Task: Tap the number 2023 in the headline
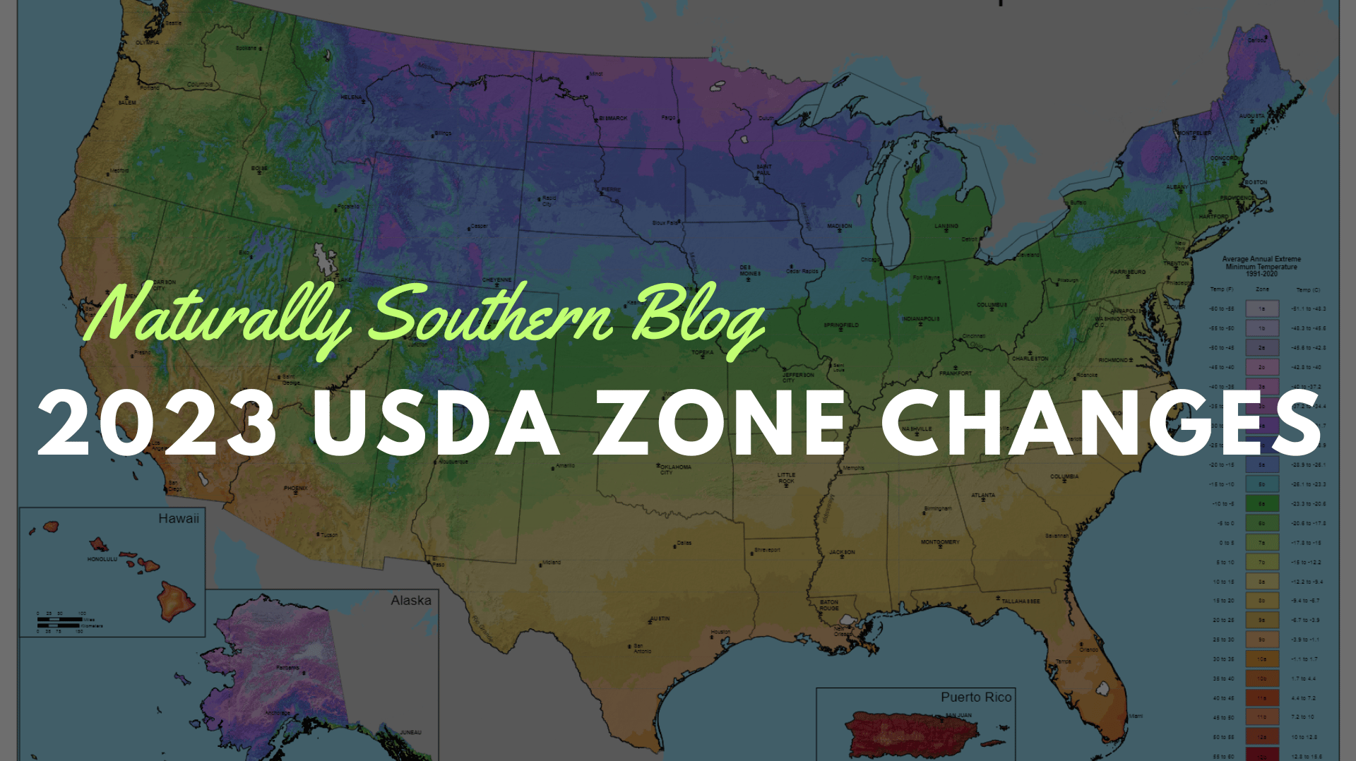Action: click(x=157, y=424)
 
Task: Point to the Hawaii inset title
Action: click(x=178, y=519)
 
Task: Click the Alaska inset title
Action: click(x=410, y=601)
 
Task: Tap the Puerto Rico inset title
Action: click(x=975, y=697)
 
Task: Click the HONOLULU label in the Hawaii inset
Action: click(x=102, y=559)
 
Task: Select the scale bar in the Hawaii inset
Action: click(x=60, y=621)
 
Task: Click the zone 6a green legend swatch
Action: click(x=1261, y=504)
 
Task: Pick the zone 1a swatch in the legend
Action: click(x=1261, y=309)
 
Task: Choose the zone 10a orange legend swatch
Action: click(x=1261, y=659)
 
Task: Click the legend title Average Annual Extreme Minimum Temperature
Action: click(x=1261, y=266)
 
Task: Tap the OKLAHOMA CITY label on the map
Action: click(x=675, y=469)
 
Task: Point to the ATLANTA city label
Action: click(x=982, y=496)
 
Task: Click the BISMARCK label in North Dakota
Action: click(x=612, y=119)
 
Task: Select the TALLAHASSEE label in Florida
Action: click(x=1021, y=601)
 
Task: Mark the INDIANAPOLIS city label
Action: click(x=920, y=319)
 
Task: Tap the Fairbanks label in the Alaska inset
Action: click(x=287, y=667)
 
